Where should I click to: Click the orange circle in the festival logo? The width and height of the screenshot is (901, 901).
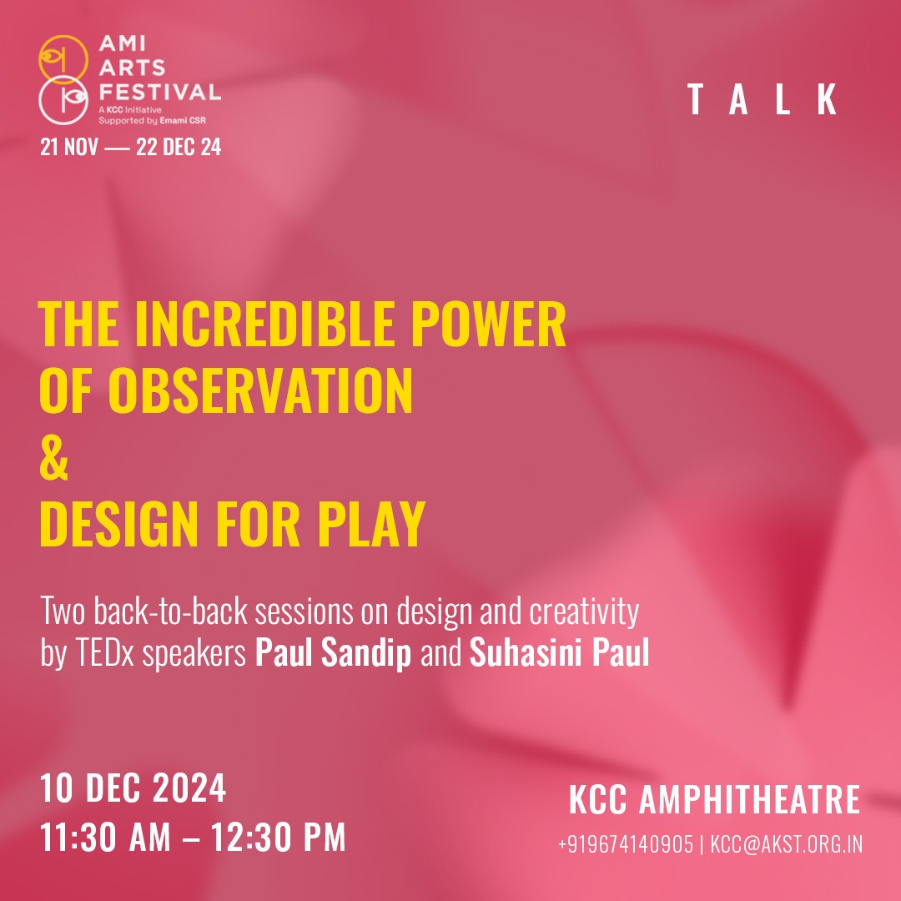click(x=63, y=37)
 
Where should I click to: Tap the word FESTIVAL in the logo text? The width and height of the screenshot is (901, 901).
click(x=159, y=92)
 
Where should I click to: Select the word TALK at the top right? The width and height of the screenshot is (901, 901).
click(x=763, y=99)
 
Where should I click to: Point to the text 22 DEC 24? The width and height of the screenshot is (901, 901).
click(x=179, y=147)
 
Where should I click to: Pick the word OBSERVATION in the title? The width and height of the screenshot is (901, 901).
click(x=260, y=390)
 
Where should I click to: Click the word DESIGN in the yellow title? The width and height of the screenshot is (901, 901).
click(x=118, y=523)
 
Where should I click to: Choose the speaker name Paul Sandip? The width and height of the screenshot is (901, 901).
click(x=333, y=652)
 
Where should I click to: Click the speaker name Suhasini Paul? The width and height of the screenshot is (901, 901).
click(x=560, y=652)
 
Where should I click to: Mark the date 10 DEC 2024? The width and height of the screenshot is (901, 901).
click(x=133, y=788)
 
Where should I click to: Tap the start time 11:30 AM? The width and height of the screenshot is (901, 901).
click(x=106, y=837)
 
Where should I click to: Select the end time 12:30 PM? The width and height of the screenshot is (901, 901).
click(x=278, y=837)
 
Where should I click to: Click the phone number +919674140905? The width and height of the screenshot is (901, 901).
click(x=625, y=844)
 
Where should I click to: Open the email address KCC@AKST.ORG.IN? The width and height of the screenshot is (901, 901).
click(x=787, y=844)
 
